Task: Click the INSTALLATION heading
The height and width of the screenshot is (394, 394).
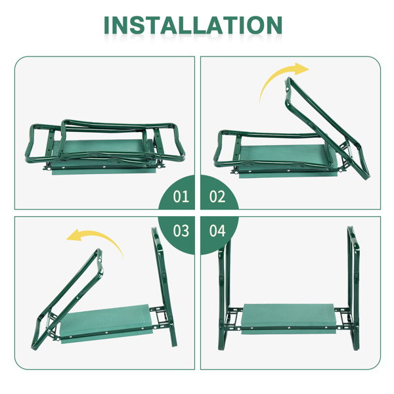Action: click(x=193, y=25)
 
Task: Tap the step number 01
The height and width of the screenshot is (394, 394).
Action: click(x=181, y=196)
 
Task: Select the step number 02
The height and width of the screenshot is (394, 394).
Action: click(x=217, y=196)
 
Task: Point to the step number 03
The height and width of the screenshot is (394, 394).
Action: click(x=181, y=230)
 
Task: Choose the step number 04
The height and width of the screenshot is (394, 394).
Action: click(x=217, y=230)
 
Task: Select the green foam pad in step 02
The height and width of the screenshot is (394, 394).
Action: click(x=288, y=161)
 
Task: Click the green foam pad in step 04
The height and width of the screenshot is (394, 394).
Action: click(x=288, y=318)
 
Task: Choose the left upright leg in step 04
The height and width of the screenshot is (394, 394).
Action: click(x=224, y=294)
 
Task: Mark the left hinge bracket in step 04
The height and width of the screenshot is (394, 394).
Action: click(x=234, y=318)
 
